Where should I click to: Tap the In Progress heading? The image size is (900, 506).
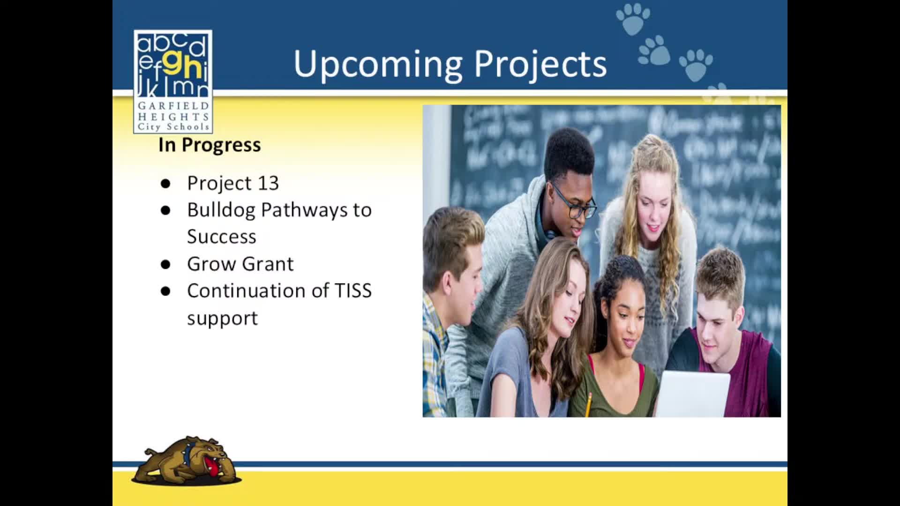(x=210, y=145)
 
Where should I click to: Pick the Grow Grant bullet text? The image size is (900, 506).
(x=240, y=264)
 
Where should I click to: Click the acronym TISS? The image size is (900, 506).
(x=353, y=290)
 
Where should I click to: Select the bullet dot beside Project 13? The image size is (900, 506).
(x=165, y=184)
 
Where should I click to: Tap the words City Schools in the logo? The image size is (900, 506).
(x=173, y=127)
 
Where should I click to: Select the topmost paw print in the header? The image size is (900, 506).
(x=633, y=19)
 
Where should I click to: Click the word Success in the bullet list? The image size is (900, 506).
(x=222, y=237)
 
